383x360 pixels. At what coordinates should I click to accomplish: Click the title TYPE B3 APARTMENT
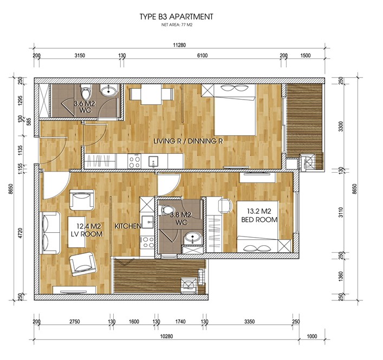click(177, 17)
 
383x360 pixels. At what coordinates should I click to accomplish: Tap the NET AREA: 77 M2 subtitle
click(177, 25)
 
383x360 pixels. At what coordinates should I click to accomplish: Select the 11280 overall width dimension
click(179, 45)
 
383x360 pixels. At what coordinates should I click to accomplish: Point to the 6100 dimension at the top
click(203, 56)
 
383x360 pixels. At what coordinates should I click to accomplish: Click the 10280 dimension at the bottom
click(166, 336)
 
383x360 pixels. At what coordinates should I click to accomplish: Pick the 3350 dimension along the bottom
click(249, 322)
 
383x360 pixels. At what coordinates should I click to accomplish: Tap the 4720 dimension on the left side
click(21, 233)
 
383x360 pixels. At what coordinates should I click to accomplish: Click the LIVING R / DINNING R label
click(189, 141)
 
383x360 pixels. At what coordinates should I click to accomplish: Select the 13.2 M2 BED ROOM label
click(259, 215)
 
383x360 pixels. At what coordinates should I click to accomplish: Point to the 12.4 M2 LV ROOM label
click(87, 230)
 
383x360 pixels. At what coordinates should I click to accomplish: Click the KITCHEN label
click(128, 226)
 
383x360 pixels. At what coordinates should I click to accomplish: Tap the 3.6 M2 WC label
click(85, 107)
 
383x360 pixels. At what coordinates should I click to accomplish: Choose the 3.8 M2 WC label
click(181, 219)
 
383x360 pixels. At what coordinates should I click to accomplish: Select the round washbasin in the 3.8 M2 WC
click(193, 237)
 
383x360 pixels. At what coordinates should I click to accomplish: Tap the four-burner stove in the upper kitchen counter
click(134, 161)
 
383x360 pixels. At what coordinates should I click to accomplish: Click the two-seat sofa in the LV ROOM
click(50, 233)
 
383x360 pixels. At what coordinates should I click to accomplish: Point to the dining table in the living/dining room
click(152, 94)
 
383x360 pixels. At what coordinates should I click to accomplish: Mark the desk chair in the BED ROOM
click(225, 206)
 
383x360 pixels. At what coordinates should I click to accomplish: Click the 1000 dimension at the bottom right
click(311, 336)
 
